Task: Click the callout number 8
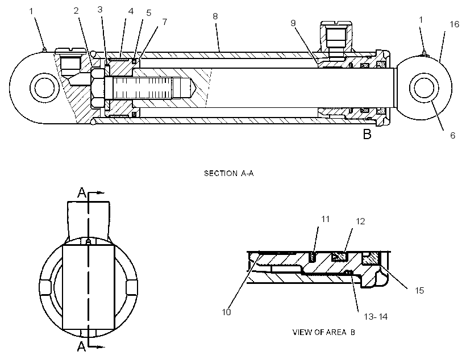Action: pos(215,16)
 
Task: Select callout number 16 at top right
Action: pos(455,24)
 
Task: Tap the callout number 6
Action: pos(452,136)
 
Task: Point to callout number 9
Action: pos(293,23)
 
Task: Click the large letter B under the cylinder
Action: pos(367,134)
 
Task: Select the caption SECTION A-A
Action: pos(229,173)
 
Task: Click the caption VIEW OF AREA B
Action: pos(324,332)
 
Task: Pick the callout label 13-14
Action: pos(376,317)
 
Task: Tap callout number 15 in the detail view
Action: pos(419,290)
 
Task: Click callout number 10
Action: pos(226,312)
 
